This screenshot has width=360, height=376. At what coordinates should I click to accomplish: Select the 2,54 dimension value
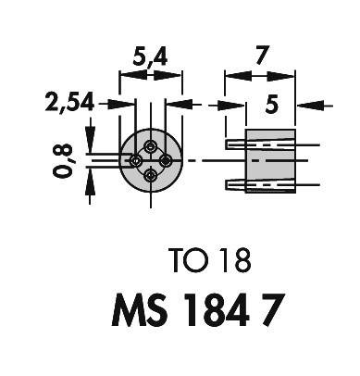coord(69,105)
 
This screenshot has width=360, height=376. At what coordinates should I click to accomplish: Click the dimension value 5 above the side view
coord(270,106)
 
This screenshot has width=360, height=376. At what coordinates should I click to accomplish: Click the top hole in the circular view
coord(151,146)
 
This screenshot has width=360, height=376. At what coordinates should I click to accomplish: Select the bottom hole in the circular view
coord(151,174)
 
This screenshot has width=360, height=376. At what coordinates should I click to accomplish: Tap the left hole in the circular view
coord(137,160)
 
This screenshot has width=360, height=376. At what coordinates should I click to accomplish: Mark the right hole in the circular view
coord(165,160)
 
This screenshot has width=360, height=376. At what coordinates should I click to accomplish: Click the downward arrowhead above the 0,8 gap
coord(90,145)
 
